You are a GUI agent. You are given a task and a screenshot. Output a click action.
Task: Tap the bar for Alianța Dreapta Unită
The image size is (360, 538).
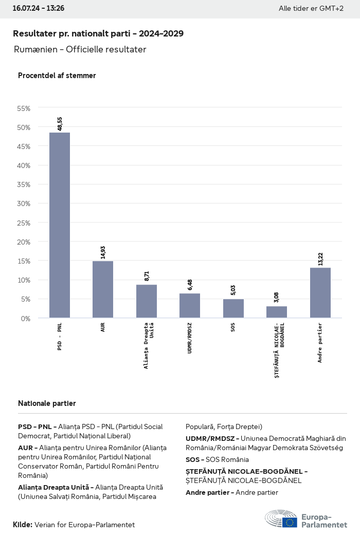coord(147,301)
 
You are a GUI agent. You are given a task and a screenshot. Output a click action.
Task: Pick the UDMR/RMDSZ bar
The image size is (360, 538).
coord(190,306)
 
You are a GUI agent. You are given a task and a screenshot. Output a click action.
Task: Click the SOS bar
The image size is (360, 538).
coord(233,308)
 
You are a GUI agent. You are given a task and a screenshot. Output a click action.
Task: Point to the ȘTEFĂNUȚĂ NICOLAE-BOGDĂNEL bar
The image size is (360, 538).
coord(277,312)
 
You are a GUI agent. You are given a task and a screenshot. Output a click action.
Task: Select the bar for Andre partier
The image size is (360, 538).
coord(320,293)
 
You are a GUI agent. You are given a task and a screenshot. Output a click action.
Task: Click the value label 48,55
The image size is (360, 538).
coord(60,124)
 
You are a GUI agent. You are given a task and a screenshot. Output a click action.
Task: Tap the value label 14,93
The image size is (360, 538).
coord(103,252)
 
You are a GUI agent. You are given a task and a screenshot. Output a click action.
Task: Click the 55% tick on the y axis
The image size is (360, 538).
coord(24,108)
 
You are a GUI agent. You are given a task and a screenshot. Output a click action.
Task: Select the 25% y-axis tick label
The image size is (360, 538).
coord(24,223)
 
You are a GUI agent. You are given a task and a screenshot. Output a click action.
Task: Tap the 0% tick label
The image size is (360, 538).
coord(26,319)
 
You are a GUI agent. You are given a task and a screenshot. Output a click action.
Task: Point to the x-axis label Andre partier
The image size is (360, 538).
coord(320,343)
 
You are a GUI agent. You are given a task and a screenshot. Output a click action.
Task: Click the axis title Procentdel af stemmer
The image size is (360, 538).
coord(57,76)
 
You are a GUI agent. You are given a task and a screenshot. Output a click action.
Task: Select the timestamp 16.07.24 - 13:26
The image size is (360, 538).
coord(39,9)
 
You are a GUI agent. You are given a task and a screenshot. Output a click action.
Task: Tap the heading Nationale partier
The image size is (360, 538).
coord(47,403)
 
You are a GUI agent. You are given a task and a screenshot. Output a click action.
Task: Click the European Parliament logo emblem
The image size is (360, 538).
coord(281,518)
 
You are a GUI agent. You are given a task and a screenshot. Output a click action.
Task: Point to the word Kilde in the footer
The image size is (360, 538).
coord(22,525)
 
